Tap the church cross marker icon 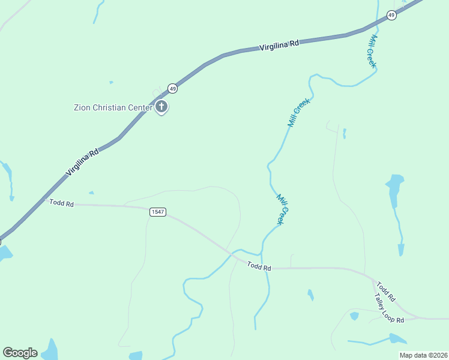[161, 107]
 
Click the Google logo [20, 352]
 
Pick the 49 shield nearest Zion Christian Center [172, 88]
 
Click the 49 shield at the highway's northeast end [391, 16]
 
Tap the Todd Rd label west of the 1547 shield [61, 204]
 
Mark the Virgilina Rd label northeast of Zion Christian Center [279, 45]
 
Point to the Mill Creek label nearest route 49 [372, 52]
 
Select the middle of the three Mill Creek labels [298, 112]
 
